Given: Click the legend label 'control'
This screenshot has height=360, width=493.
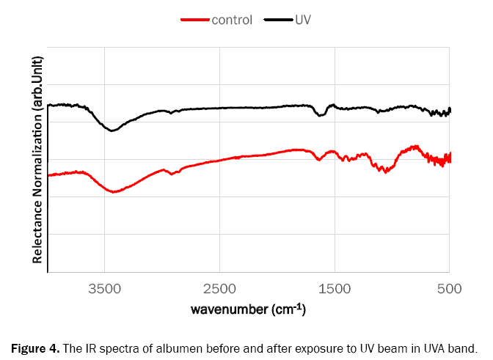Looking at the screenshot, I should click(x=232, y=20).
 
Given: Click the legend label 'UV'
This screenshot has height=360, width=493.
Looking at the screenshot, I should click(x=304, y=20).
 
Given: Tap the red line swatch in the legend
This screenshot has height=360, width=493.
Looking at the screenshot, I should click(x=195, y=20).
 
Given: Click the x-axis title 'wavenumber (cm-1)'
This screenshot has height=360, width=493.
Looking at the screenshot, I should click(x=248, y=309).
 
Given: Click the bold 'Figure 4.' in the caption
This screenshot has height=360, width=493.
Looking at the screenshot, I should click(x=35, y=348).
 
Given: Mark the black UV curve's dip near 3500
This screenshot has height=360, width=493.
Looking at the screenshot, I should click(x=112, y=131).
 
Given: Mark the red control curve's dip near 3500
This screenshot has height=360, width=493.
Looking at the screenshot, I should click(x=113, y=192).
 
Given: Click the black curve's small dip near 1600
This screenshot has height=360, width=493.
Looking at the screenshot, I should click(x=321, y=116).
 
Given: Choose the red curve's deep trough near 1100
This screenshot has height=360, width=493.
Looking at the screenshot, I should click(x=382, y=170).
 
